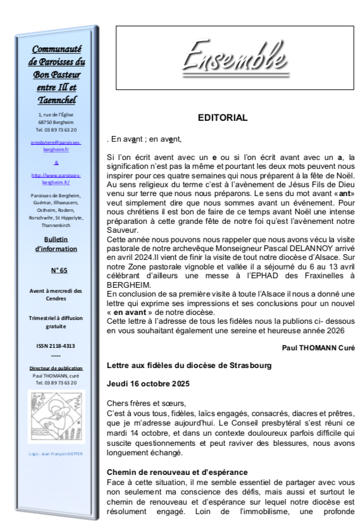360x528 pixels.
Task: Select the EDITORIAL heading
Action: tap(222, 118)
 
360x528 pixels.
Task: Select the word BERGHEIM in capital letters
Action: tap(130, 285)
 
